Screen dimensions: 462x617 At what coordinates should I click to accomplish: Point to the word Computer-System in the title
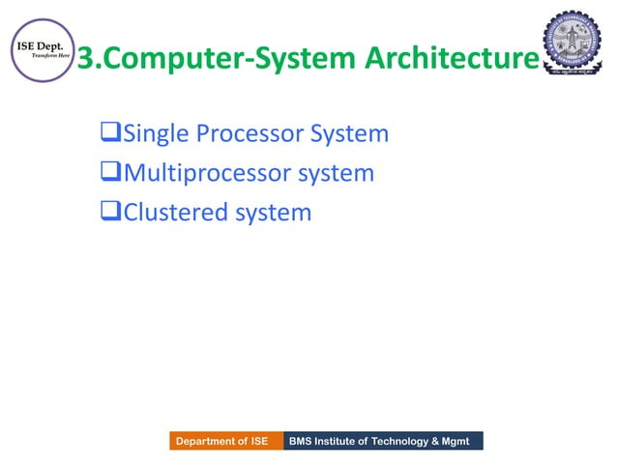point(229,60)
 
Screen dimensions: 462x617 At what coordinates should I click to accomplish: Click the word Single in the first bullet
point(158,133)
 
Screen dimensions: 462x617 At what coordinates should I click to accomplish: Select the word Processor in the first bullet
point(250,133)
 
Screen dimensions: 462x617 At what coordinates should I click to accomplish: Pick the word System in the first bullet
point(348,133)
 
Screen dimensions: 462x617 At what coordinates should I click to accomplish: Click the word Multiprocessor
point(214,173)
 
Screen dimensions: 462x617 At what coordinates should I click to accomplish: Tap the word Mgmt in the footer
point(461,442)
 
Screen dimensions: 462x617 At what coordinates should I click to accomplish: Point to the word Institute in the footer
point(341,442)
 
